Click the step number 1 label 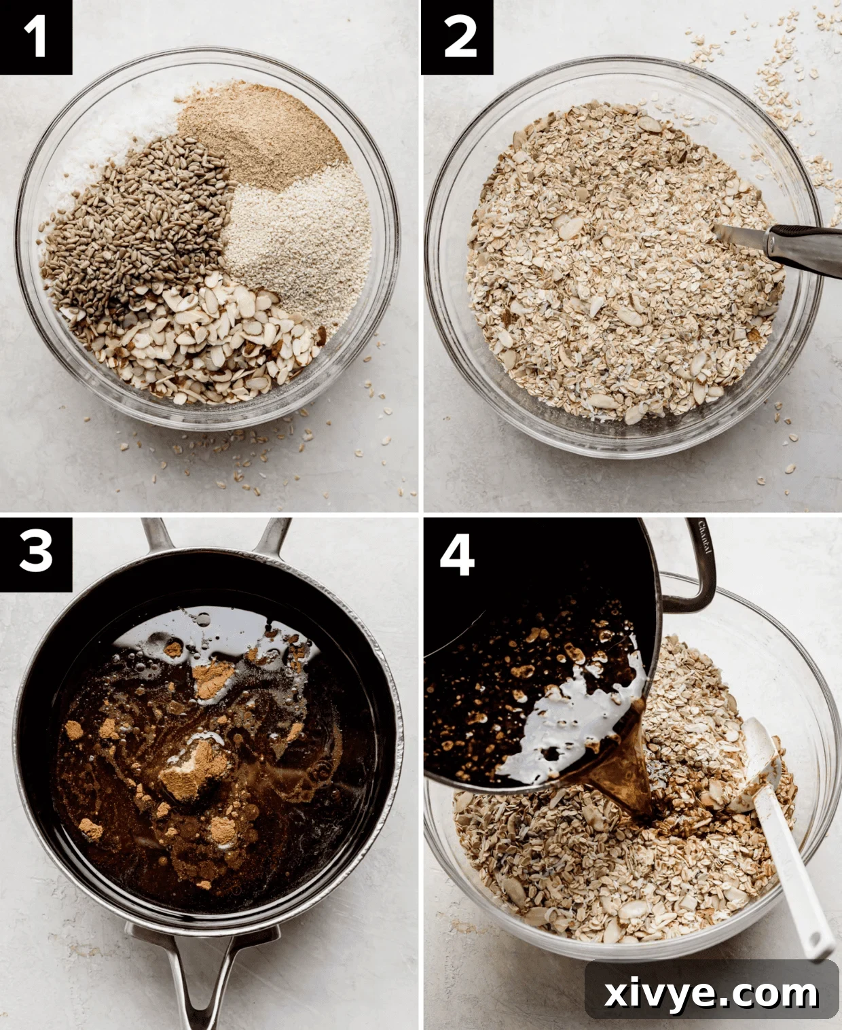click(35, 37)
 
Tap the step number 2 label click(457, 37)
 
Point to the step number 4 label click(457, 554)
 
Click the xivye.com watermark click(711, 993)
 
